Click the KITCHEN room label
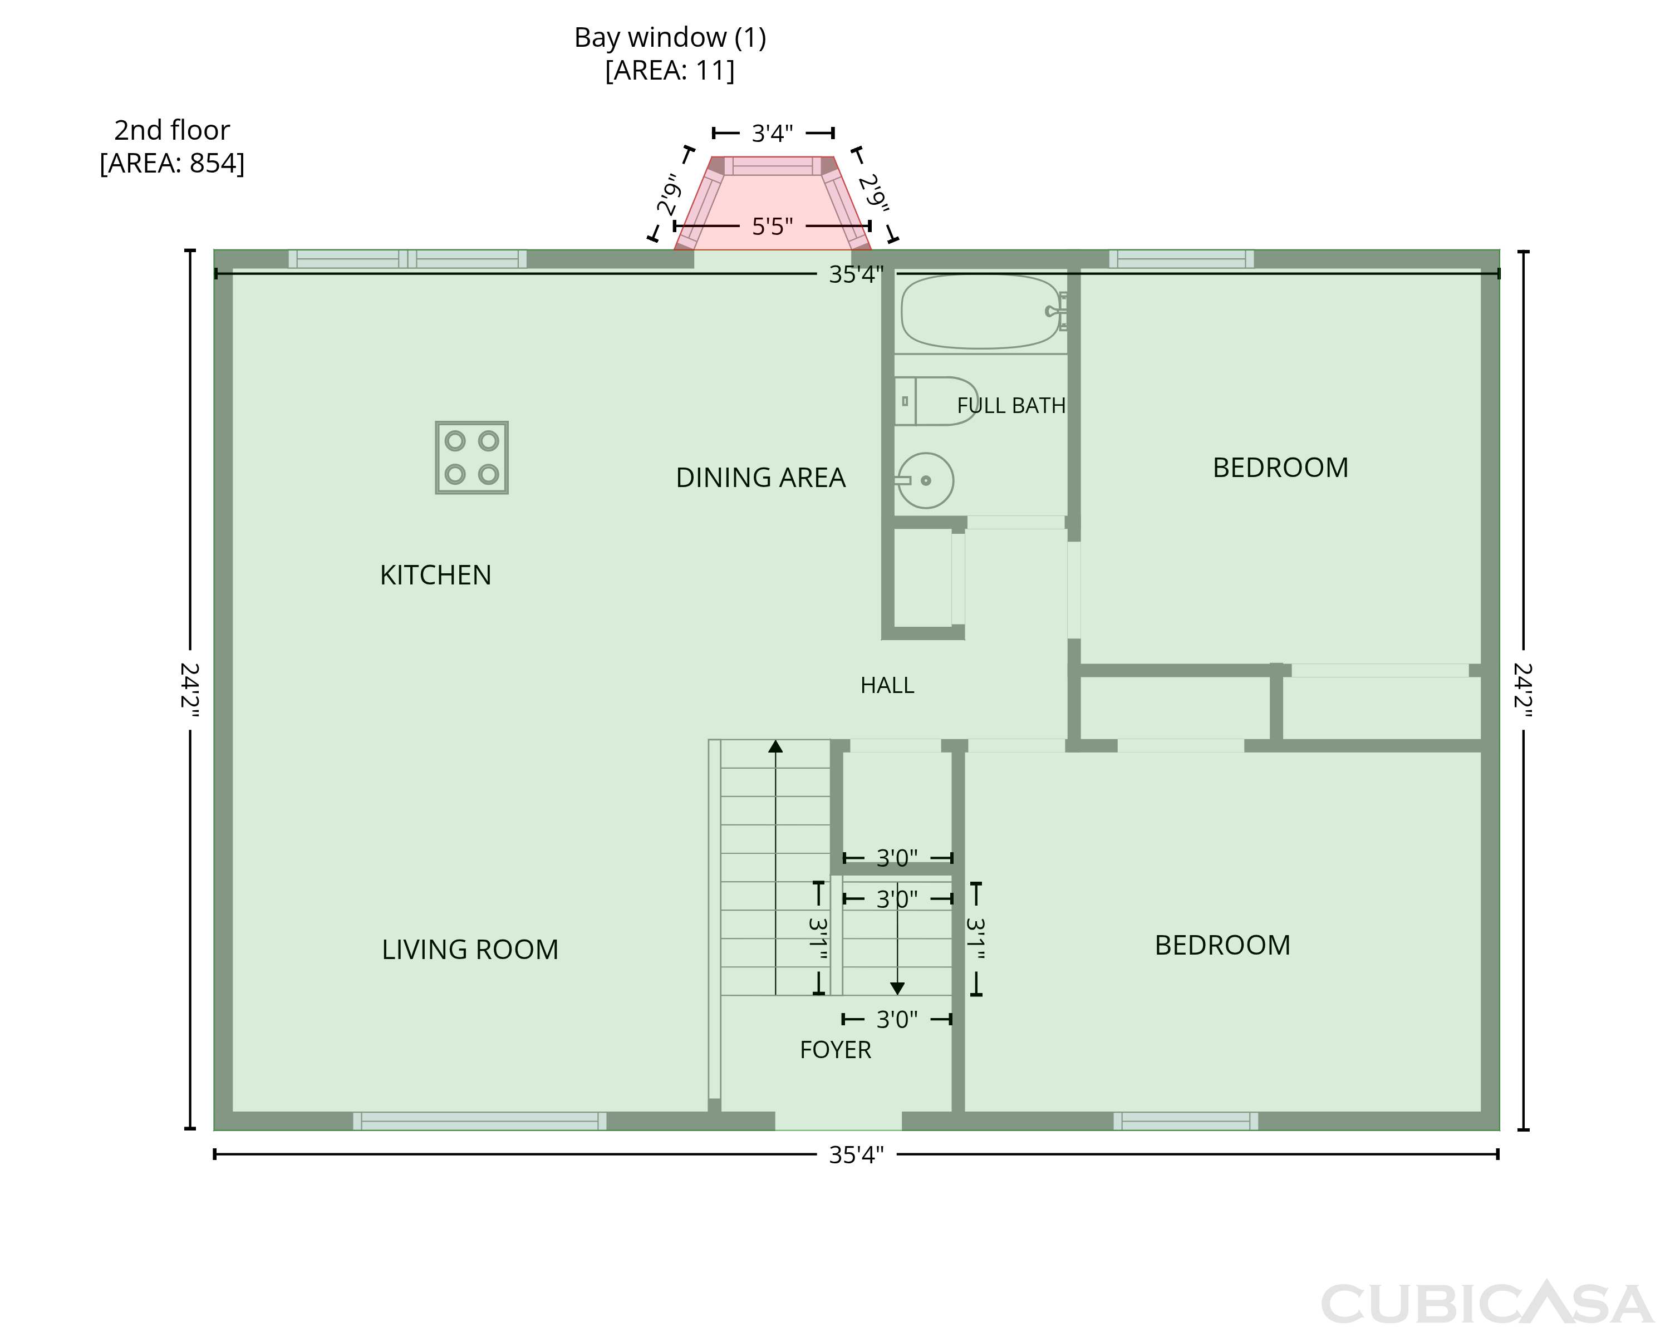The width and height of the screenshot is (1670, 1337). pyautogui.click(x=435, y=576)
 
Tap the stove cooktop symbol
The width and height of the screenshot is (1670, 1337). pyautogui.click(x=471, y=458)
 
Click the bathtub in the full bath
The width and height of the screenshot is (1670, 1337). pyautogui.click(x=982, y=311)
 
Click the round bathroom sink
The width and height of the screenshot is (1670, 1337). pyautogui.click(x=925, y=480)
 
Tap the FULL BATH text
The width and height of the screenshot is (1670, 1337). pyautogui.click(x=1011, y=406)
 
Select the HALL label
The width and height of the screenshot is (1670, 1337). pyautogui.click(x=887, y=686)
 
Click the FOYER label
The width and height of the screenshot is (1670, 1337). pyautogui.click(x=835, y=1050)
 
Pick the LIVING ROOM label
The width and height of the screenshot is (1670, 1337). pyautogui.click(x=470, y=950)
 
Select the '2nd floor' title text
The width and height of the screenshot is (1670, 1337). pyautogui.click(x=172, y=130)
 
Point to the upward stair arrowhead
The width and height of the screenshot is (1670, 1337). pyautogui.click(x=775, y=746)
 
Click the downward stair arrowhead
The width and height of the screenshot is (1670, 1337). pyautogui.click(x=897, y=989)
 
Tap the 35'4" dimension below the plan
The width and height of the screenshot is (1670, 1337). pyautogui.click(x=856, y=1155)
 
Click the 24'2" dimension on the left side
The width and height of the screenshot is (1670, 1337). pyautogui.click(x=190, y=690)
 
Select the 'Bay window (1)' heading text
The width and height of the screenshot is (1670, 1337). pyautogui.click(x=670, y=37)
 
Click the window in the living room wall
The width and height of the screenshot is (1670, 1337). pyautogui.click(x=479, y=1121)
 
